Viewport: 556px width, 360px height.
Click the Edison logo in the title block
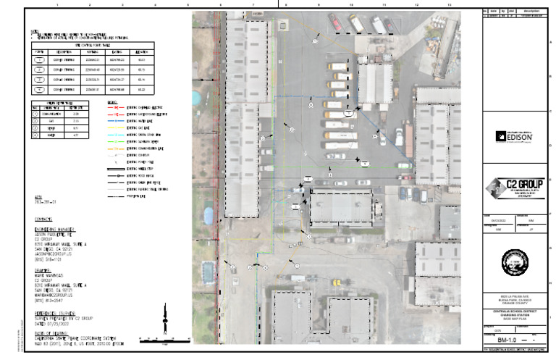513,135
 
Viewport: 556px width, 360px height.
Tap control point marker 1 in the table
40,60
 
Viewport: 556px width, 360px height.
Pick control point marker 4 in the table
40,90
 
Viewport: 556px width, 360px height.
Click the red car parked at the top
335,23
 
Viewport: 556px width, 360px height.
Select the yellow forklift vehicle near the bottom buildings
296,277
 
